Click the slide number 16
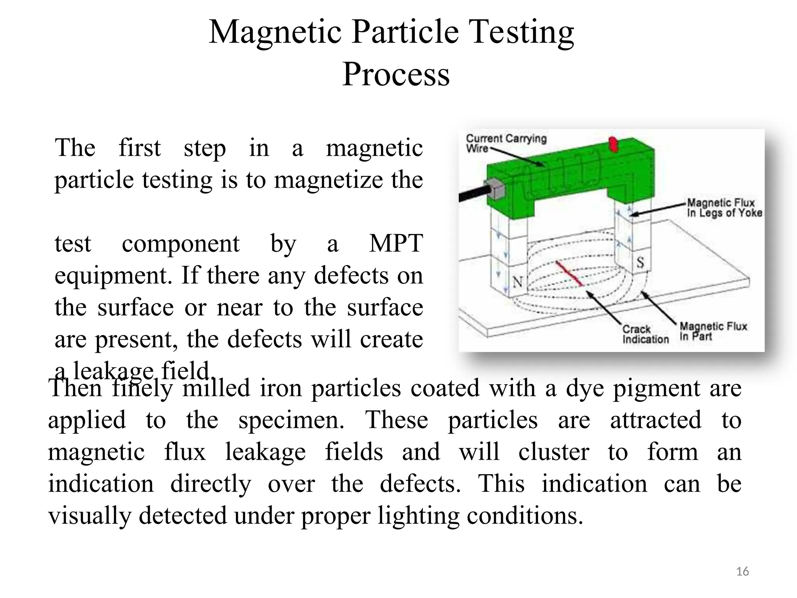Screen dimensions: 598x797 coord(743,572)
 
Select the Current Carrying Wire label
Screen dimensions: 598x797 coord(506,143)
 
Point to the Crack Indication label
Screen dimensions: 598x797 coord(645,334)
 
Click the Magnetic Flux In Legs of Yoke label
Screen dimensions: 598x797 coord(724,208)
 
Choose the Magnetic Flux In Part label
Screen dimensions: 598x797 coord(713,331)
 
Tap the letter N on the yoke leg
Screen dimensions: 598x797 coord(518,281)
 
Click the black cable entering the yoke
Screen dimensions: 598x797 coord(471,194)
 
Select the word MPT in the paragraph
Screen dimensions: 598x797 coord(396,244)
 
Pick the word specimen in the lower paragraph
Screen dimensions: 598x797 coord(291,420)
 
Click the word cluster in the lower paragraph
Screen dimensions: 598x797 coord(553,452)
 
